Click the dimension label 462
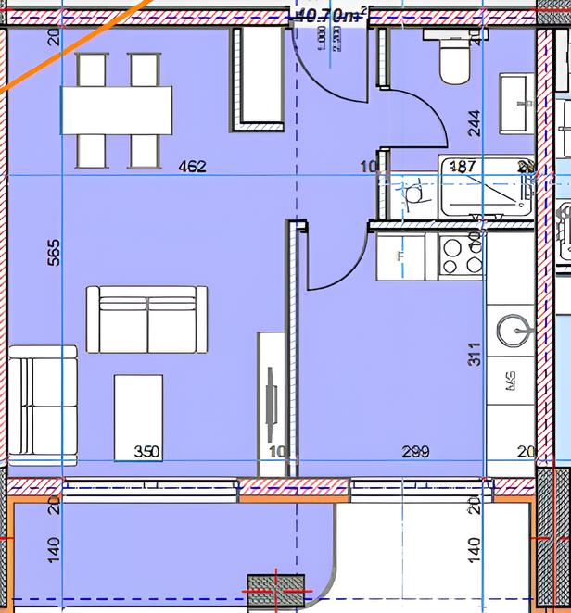coord(192,168)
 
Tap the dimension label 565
coord(53,254)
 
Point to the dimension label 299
coord(415,453)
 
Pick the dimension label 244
coord(475,123)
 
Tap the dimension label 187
coord(463,167)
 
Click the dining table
coord(117,110)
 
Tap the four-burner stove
coord(461,256)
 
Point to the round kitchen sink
coord(514,328)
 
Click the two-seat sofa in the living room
coord(146,319)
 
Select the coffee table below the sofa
coord(138,417)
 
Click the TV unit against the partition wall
coord(272,398)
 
